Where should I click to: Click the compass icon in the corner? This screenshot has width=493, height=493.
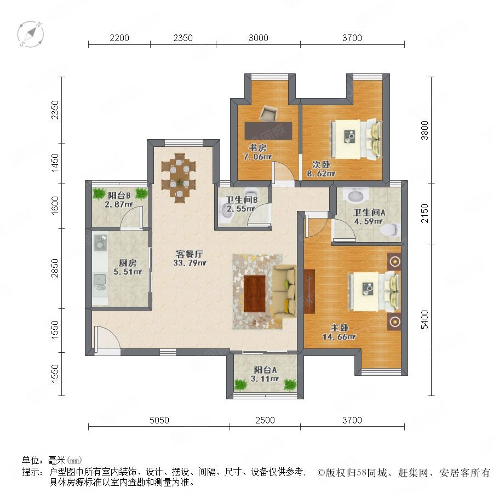[x=31, y=33]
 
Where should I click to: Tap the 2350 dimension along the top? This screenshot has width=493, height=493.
[x=182, y=38]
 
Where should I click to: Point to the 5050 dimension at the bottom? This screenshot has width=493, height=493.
[x=159, y=420]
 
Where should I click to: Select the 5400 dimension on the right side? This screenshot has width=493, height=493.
[x=425, y=319]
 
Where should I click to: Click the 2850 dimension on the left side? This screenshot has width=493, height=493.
[x=55, y=268]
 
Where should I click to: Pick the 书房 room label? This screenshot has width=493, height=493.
[x=257, y=147]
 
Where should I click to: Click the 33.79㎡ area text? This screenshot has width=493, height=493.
[x=190, y=263]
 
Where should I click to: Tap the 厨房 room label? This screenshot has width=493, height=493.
[x=128, y=263]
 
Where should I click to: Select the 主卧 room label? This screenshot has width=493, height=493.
[x=340, y=328]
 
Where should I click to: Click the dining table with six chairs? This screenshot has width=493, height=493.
[x=179, y=178]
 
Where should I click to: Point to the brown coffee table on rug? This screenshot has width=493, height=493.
[x=255, y=294]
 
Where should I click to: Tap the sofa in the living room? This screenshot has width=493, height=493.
[x=284, y=291]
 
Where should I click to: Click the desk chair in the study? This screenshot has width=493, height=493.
[x=268, y=113]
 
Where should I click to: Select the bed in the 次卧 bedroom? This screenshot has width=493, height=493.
[x=356, y=139]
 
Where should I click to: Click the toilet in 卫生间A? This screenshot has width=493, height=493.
[x=390, y=229]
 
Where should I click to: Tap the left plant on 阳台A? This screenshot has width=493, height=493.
[x=240, y=385]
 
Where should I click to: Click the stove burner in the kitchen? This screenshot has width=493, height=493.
[x=100, y=244]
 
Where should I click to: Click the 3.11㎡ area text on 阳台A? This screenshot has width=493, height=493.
[x=265, y=379]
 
